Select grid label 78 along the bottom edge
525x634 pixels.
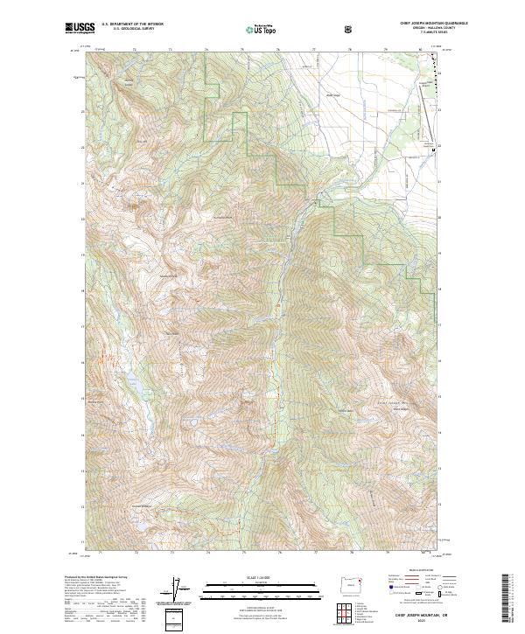pos(352,553)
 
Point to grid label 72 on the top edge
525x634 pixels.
pos(134,50)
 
